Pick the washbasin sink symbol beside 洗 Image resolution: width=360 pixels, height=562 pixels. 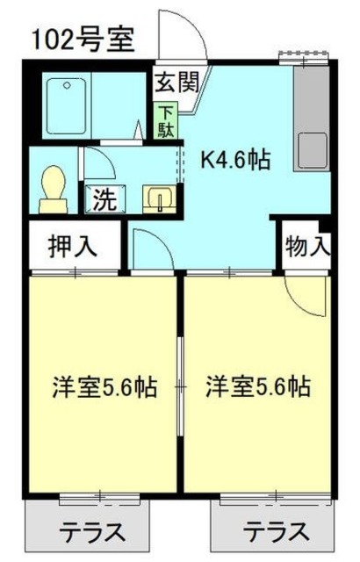[x=158, y=198]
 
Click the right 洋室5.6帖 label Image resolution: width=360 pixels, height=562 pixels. [x=259, y=386]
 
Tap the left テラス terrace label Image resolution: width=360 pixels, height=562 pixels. [x=91, y=532]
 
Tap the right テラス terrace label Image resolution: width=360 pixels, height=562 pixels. [x=277, y=532]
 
